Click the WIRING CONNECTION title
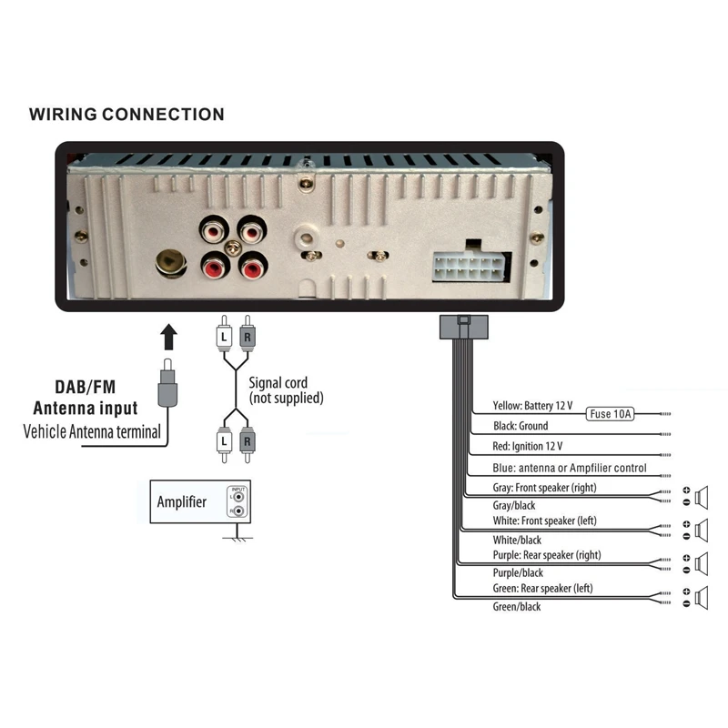tap(126, 115)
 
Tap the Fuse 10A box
tap(612, 414)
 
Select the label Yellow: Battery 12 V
tap(532, 405)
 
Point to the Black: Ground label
tap(521, 426)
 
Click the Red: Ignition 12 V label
tap(528, 446)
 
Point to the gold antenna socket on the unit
tap(168, 262)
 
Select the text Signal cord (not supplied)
tap(286, 390)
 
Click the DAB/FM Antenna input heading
tap(86, 398)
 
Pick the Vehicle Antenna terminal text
tap(91, 431)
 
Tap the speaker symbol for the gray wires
tap(702, 497)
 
